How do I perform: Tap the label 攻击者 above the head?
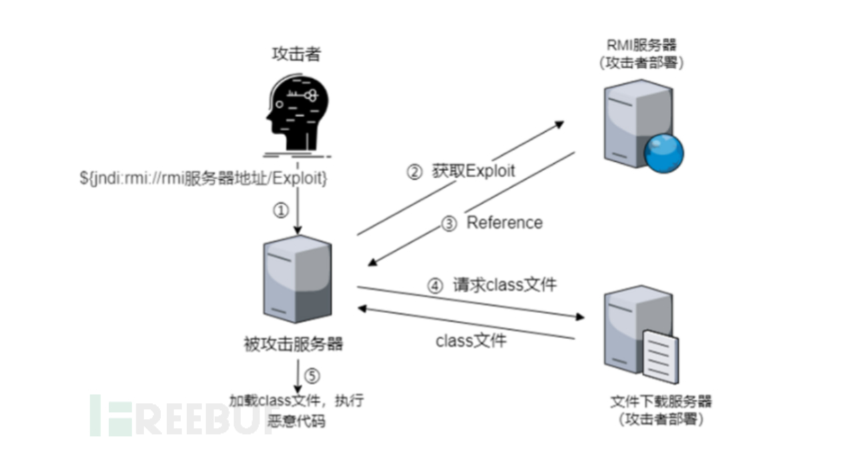click(296, 54)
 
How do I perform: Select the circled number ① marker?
click(281, 211)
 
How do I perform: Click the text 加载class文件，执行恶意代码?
click(296, 411)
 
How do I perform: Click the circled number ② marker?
click(414, 172)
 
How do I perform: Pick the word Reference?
click(504, 222)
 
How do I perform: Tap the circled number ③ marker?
click(449, 224)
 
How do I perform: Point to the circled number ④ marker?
click(434, 286)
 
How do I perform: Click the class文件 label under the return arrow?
click(471, 341)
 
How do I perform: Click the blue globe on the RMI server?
click(663, 153)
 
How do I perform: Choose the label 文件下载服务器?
click(661, 402)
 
